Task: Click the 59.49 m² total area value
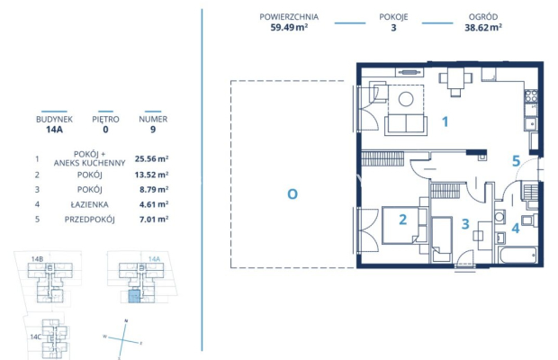pos(287,28)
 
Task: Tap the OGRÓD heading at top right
pos(484,16)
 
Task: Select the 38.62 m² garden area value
pos(484,28)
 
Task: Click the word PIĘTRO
pos(104,118)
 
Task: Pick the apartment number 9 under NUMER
pos(152,129)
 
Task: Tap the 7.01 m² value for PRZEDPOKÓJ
pos(151,218)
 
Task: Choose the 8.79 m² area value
pos(151,190)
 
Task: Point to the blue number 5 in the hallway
pos(516,162)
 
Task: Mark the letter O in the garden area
pos(292,193)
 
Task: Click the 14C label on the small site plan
pos(35,337)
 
